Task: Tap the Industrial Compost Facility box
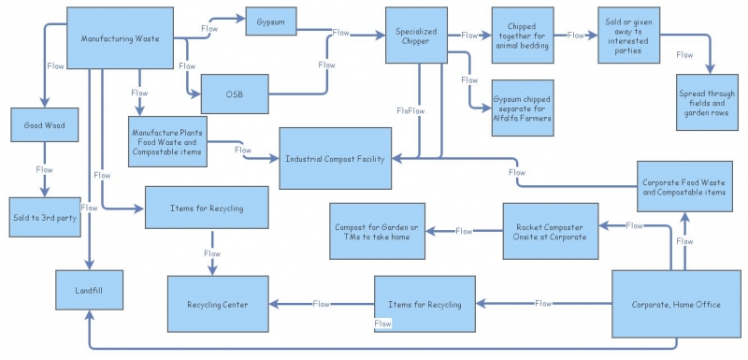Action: (336, 160)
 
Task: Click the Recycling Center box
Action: (219, 304)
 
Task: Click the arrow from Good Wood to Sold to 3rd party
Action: (43, 178)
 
